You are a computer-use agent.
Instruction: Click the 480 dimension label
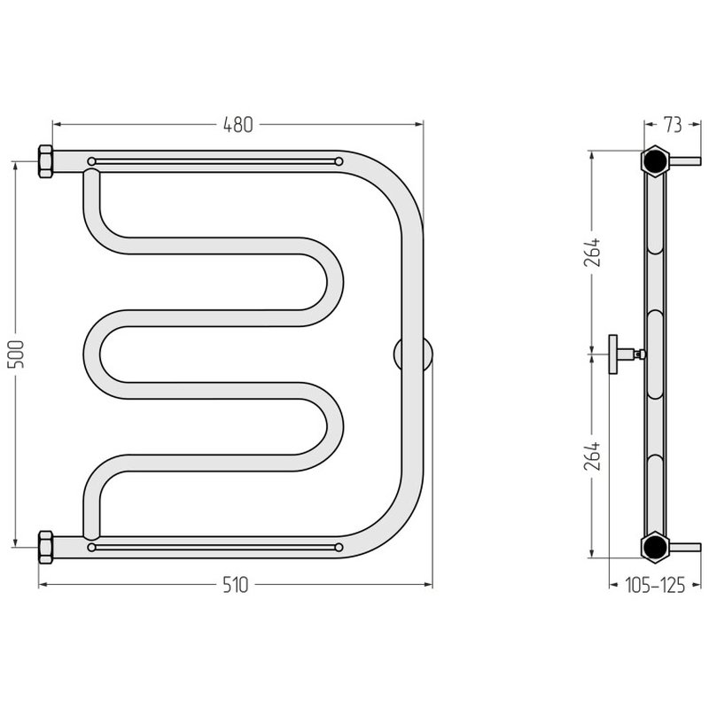point(238,125)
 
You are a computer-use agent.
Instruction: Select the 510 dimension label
point(236,585)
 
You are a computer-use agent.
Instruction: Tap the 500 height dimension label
point(16,354)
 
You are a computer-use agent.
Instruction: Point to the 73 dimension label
point(673,125)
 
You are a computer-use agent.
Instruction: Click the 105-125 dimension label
point(655,585)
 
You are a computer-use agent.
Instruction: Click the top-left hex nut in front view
point(46,161)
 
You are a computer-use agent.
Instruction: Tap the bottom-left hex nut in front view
point(46,547)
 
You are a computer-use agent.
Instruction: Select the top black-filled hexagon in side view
point(654,160)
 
